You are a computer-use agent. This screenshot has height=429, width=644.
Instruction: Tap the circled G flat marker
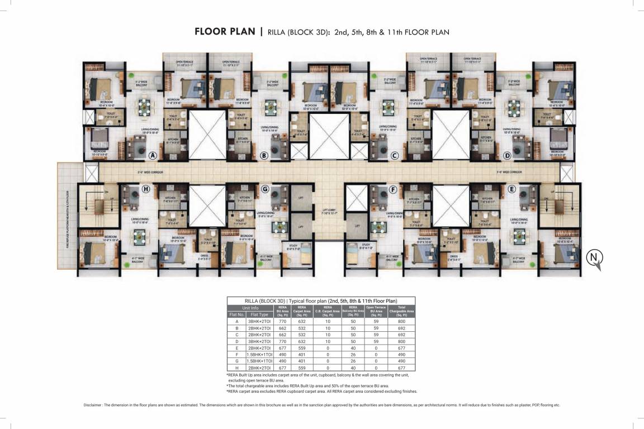point(265,189)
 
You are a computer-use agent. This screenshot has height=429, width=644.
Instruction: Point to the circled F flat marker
point(393,189)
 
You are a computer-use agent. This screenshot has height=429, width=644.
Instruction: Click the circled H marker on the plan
point(146,189)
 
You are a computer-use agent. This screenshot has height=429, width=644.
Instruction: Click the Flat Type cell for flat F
point(260,354)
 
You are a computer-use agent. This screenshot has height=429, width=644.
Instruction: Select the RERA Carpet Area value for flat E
point(301,347)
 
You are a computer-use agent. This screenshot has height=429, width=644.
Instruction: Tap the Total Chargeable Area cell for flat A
point(402,321)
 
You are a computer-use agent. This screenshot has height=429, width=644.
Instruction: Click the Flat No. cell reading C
point(236,334)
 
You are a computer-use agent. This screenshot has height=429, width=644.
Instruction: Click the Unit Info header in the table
point(250,308)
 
